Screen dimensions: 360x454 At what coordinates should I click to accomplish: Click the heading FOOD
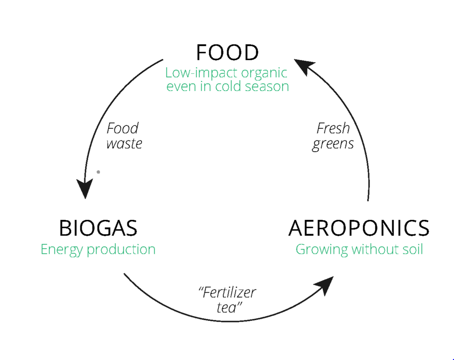(x=227, y=53)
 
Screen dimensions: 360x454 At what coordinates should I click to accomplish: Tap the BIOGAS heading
(x=98, y=228)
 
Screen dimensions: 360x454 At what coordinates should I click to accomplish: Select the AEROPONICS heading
(x=359, y=228)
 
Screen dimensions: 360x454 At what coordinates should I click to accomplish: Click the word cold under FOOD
(x=228, y=87)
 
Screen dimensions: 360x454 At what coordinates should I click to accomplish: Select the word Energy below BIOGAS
(x=62, y=250)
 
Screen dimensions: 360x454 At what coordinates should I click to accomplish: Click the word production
(x=121, y=250)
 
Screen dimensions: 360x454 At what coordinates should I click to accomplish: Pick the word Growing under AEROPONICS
(x=322, y=250)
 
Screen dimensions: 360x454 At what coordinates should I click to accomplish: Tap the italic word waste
(x=124, y=144)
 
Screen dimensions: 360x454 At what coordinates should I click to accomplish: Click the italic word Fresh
(x=333, y=129)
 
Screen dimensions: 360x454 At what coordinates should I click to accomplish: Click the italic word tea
(x=226, y=308)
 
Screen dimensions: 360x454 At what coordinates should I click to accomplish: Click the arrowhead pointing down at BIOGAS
(x=85, y=189)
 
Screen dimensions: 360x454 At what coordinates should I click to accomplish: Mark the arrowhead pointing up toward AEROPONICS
(x=325, y=285)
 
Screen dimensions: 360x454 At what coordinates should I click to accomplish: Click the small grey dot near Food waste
(x=98, y=172)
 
